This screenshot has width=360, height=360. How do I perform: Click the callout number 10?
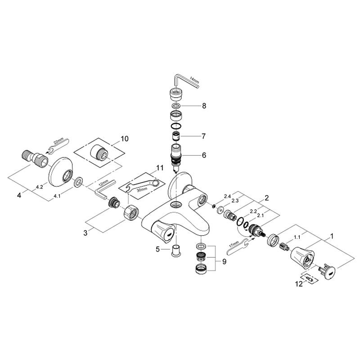tap(125, 139)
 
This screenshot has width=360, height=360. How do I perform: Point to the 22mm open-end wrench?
tap(59, 145)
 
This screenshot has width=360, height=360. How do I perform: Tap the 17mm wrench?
tap(238, 246)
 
